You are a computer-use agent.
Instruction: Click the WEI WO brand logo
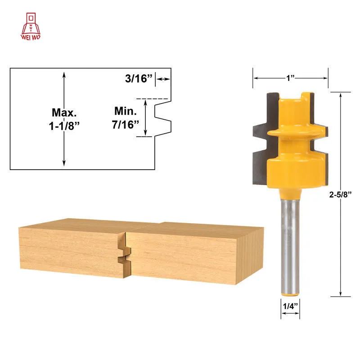[31, 27]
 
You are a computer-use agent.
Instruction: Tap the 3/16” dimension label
[139, 78]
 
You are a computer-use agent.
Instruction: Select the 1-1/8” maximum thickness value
[64, 126]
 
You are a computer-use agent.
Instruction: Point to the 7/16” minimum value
[126, 125]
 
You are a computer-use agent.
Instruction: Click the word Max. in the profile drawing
[64, 112]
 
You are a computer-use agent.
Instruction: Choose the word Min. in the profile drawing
[126, 111]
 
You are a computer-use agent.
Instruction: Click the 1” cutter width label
[290, 78]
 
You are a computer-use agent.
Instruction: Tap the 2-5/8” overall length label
[340, 194]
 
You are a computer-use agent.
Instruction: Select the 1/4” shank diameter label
[290, 306]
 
